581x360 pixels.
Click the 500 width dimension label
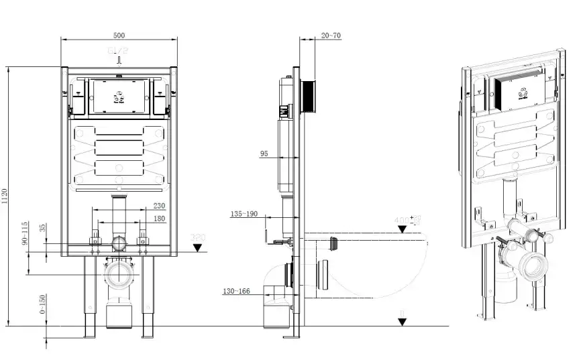(x=119, y=35)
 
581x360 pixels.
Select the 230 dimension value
(x=159, y=206)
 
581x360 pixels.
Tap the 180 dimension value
(x=159, y=218)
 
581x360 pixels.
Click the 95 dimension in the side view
(x=264, y=154)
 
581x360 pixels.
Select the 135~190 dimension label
(x=244, y=215)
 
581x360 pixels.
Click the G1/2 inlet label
(x=118, y=50)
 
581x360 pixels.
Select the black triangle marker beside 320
(x=197, y=247)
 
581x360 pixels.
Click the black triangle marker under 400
(x=401, y=229)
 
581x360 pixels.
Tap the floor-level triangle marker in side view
(x=401, y=321)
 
